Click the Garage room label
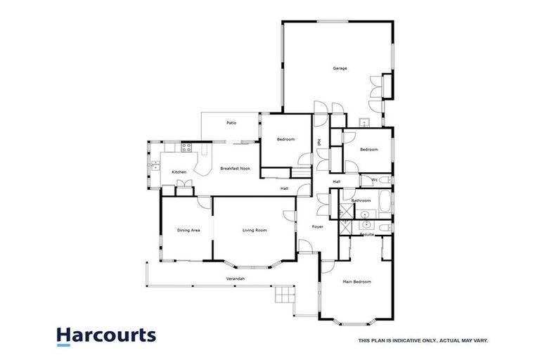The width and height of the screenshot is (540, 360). tap(340, 68)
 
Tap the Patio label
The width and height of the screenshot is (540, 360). tap(231, 123)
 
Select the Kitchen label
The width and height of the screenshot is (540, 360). tap(179, 172)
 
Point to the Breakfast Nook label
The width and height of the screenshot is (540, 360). tap(235, 169)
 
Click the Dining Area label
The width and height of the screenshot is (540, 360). tap(188, 230)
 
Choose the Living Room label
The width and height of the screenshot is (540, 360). tap(254, 230)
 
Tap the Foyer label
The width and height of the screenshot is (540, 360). tap(317, 226)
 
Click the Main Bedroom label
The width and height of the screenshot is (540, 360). tap(356, 282)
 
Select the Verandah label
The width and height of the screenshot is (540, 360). tap(236, 279)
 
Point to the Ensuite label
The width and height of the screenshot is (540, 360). tap(367, 234)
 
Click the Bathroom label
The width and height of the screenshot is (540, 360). tap(361, 200)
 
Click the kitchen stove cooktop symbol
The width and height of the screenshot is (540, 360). tap(187, 148)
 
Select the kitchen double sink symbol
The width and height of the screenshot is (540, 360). tap(154, 166)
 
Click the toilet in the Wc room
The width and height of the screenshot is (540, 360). tap(386, 181)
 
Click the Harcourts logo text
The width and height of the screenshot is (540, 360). tap(106, 335)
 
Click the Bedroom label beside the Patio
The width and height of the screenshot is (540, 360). tap(285, 139)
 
